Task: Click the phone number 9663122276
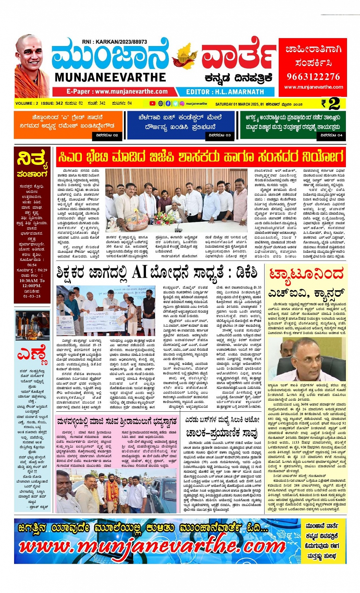pos(313,76)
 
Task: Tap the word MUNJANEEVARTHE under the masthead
pos(110,77)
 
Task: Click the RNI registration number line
pos(114,42)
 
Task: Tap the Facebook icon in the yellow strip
pos(168,103)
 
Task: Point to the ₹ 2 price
pos(330,104)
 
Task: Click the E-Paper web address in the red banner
pos(117,92)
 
